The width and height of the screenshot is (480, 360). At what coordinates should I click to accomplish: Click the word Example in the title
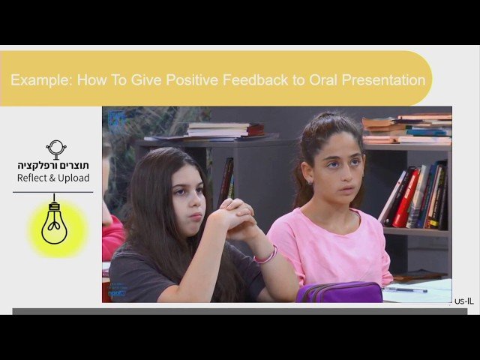point(37,79)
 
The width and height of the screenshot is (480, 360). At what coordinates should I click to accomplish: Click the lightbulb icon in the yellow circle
point(54,222)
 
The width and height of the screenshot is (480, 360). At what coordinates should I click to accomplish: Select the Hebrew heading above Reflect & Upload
point(53,165)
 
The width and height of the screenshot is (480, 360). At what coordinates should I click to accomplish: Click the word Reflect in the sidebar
point(34,178)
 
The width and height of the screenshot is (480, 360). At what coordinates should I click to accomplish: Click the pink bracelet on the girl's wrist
point(265,255)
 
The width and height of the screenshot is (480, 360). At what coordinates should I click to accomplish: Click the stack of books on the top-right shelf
point(407,129)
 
